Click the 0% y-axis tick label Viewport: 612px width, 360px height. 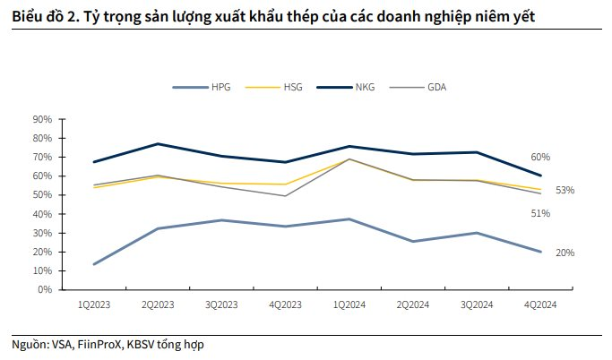pos(46,290)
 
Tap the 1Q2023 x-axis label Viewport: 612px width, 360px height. pos(94,304)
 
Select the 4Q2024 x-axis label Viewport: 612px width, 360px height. pos(539,304)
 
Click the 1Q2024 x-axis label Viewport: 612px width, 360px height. pos(349,304)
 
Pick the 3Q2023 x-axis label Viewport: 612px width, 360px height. pos(221,304)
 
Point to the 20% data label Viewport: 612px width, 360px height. pos(565,253)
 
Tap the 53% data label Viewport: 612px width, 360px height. pos(565,190)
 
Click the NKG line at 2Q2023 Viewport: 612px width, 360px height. pos(158,144)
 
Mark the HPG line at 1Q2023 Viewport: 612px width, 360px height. pos(94,264)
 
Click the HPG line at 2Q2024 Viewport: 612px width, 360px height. pos(412,241)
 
